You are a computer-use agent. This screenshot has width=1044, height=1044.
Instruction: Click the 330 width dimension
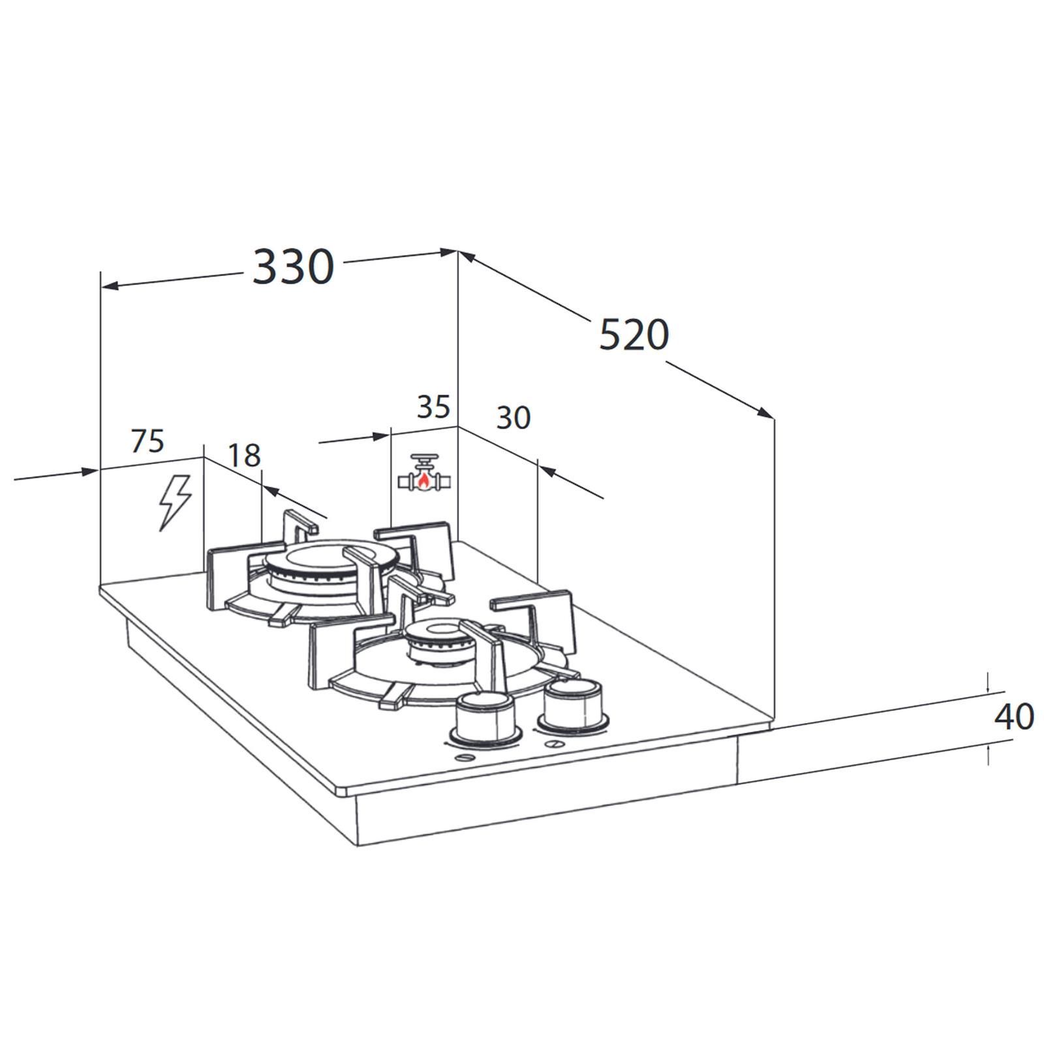[293, 267]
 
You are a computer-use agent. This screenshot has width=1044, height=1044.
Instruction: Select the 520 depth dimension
[634, 335]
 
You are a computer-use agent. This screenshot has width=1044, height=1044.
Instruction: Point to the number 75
[147, 441]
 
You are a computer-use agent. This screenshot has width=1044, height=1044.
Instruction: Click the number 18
[244, 455]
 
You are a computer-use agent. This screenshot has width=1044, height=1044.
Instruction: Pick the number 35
[434, 407]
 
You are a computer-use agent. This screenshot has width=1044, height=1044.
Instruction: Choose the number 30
[514, 418]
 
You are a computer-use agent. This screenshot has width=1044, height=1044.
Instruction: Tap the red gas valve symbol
[425, 472]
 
